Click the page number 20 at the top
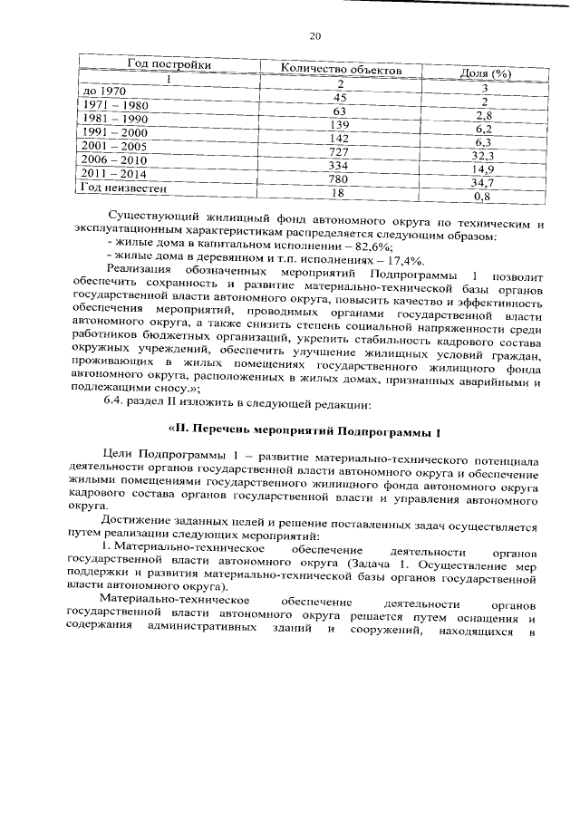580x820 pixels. [314, 36]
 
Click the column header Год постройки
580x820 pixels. [169, 65]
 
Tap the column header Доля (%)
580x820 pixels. [487, 73]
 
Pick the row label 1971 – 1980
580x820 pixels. [115, 105]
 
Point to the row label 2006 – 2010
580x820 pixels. [115, 159]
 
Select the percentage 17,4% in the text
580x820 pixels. [402, 259]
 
